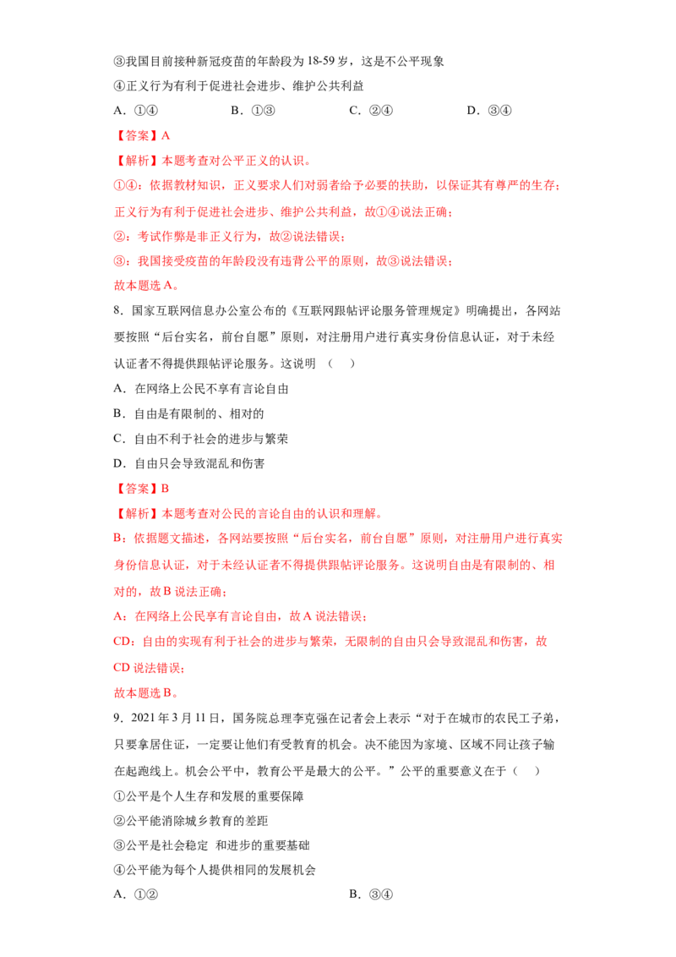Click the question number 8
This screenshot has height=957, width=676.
pyautogui.click(x=119, y=310)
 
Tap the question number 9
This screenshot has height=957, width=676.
pyautogui.click(x=119, y=719)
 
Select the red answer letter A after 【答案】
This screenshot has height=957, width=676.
pyautogui.click(x=166, y=136)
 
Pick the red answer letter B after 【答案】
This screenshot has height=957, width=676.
pyautogui.click(x=165, y=489)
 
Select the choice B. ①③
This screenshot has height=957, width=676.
pyautogui.click(x=253, y=111)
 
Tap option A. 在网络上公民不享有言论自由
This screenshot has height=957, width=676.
pyautogui.click(x=201, y=389)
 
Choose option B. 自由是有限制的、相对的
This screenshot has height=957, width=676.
pyautogui.click(x=189, y=413)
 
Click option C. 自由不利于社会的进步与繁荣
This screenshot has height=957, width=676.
pyautogui.click(x=201, y=439)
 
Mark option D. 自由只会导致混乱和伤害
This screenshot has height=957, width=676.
pyautogui.click(x=189, y=464)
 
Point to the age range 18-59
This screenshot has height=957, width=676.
pyautogui.click(x=321, y=61)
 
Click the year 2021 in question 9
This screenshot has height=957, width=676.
pyautogui.click(x=144, y=719)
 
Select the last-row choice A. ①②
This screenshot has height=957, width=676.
pyautogui.click(x=136, y=894)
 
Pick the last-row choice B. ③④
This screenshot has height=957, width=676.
pyautogui.click(x=371, y=894)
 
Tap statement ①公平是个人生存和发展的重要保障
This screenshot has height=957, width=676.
pyautogui.click(x=209, y=796)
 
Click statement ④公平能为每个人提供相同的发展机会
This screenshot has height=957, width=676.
pyautogui.click(x=215, y=870)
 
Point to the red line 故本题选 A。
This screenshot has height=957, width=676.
pyautogui.click(x=146, y=286)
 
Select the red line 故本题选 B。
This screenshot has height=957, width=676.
pyautogui.click(x=146, y=693)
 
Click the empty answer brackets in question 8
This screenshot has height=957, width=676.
pyautogui.click(x=341, y=364)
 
